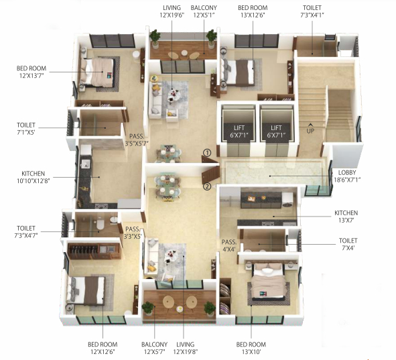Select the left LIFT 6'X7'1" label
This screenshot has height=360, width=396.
click(239, 131)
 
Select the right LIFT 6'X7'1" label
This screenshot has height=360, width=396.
click(277, 131)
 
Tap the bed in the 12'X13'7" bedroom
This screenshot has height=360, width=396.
click(98, 71)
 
